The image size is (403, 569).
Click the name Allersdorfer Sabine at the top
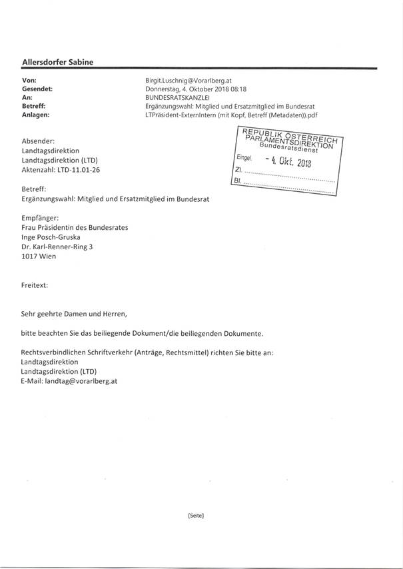click(57, 62)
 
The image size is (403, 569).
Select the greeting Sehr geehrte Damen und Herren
click(73, 313)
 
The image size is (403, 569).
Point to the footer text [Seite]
click(196, 515)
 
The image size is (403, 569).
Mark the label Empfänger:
click(44, 218)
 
